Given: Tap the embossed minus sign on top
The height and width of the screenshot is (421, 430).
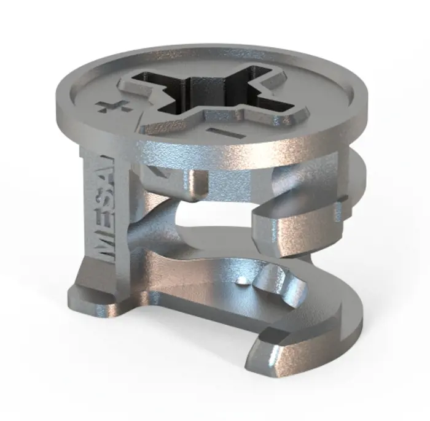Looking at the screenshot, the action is (225, 132).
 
